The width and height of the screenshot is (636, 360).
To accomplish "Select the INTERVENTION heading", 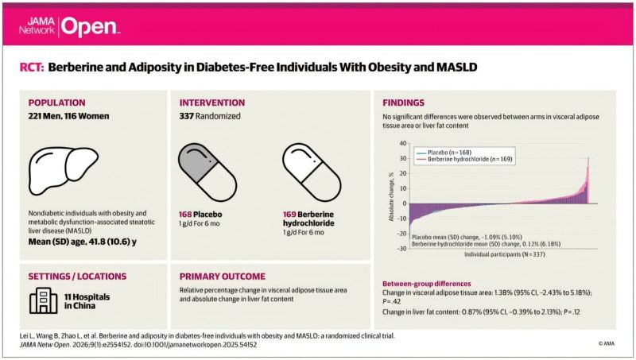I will point(215,103).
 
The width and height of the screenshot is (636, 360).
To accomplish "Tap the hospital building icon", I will point(42,301).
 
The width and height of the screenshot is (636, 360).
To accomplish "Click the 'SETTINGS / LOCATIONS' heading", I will point(76,277).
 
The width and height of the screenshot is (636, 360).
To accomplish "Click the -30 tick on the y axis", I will point(401,248).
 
